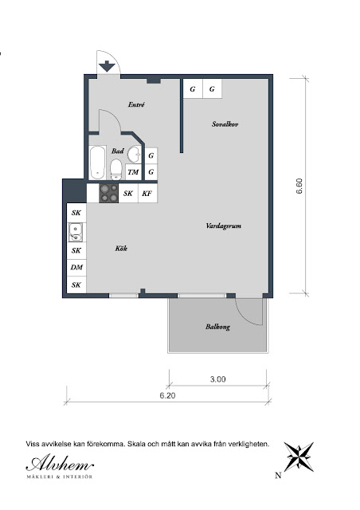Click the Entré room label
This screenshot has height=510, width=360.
136,104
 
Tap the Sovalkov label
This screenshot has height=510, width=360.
225,124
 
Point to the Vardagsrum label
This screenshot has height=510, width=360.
224,226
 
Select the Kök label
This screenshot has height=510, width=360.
121,248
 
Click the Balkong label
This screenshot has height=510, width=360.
217,327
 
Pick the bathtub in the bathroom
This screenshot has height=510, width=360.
97,163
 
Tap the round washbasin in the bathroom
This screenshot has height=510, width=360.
134,155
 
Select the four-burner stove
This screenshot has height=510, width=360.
109,193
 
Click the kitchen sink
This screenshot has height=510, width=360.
75,232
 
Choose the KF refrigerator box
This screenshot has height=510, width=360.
147,194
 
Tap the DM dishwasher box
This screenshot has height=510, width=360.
76,268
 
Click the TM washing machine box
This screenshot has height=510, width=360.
133,172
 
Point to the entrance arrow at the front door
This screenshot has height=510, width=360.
107,66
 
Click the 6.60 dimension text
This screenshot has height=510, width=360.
299,186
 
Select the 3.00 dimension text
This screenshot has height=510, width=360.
218,379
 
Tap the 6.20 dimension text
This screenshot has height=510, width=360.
167,395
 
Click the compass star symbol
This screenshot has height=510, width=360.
299,457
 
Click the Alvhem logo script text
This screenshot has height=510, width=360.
60,463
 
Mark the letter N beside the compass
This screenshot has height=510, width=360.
278,476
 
